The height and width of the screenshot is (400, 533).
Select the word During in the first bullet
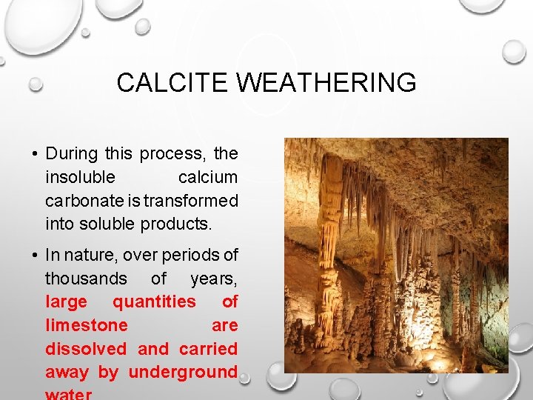point(72,154)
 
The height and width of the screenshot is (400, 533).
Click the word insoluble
point(80,178)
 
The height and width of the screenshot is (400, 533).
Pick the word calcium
point(208,178)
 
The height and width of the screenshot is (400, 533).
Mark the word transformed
point(191,201)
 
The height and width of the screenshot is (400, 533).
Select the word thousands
point(85,279)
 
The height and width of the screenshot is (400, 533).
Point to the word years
point(213,279)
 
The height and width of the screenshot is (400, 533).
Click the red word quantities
point(154,302)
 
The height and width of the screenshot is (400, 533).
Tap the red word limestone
point(86,325)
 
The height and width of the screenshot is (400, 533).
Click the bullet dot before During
point(35,155)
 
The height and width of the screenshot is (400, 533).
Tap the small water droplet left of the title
point(35,84)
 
